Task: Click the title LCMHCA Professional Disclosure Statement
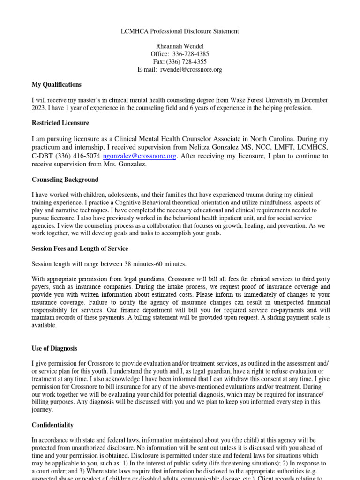(x=180, y=31)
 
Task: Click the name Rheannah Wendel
(x=180, y=46)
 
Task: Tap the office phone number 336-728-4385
(x=190, y=54)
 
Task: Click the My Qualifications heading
(x=57, y=85)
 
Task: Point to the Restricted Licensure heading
(x=60, y=123)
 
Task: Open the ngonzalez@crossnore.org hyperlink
(x=140, y=156)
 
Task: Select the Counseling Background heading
(x=65, y=180)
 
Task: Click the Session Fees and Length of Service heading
(x=80, y=249)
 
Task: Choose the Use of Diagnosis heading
(x=54, y=349)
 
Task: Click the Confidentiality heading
(x=52, y=425)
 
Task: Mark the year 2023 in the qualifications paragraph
(x=39, y=108)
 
